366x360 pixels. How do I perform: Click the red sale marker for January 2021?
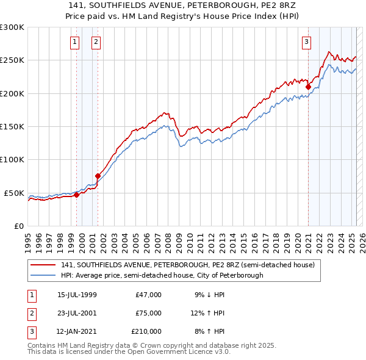click(x=308, y=87)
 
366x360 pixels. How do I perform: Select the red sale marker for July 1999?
click(x=77, y=195)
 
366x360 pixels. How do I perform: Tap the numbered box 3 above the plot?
click(x=306, y=42)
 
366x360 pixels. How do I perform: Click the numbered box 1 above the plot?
click(x=74, y=42)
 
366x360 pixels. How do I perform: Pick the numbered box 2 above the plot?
click(x=96, y=42)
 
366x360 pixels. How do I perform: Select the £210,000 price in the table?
click(x=146, y=331)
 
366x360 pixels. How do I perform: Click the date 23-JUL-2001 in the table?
click(x=77, y=313)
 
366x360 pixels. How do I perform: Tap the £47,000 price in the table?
click(x=148, y=295)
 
